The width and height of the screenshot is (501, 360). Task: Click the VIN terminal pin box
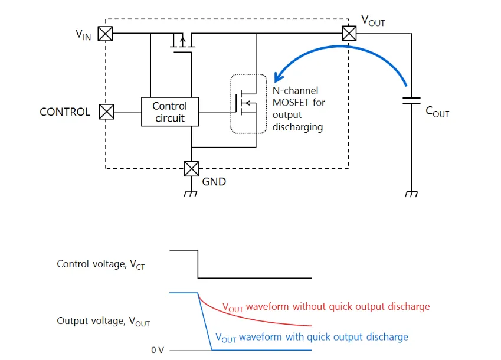click(x=105, y=34)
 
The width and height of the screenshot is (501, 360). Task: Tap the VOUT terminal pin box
click(x=349, y=33)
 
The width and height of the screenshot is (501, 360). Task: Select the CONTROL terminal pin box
click(x=106, y=112)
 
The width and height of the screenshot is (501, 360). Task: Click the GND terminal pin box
click(x=191, y=169)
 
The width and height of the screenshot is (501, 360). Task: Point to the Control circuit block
click(x=169, y=112)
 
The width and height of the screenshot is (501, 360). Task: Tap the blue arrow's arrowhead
click(x=278, y=77)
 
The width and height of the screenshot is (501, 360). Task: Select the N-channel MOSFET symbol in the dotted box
click(x=247, y=104)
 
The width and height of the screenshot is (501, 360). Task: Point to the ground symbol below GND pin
click(x=191, y=194)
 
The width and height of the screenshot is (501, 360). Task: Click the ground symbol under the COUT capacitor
click(x=411, y=194)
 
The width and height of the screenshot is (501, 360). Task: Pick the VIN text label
click(x=83, y=34)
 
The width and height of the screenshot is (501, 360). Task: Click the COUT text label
click(x=437, y=111)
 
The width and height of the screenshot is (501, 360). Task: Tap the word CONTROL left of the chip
click(x=65, y=112)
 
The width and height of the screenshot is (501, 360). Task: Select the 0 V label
click(x=158, y=350)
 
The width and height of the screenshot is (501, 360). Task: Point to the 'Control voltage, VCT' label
click(x=100, y=264)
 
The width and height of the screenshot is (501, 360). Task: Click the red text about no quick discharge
click(x=326, y=307)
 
